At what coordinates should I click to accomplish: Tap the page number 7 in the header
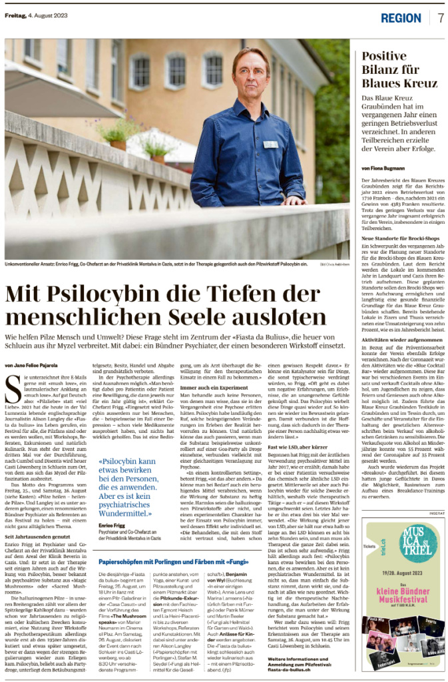(x=440, y=17)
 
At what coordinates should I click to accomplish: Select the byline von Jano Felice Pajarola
(x=32, y=365)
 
